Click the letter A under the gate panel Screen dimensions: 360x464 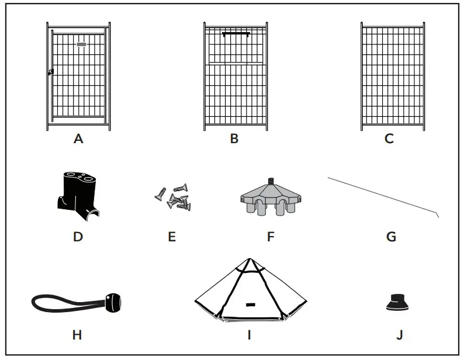(78, 139)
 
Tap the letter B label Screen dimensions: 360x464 (234, 139)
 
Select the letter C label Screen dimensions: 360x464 (389, 139)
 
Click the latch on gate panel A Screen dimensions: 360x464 (51, 72)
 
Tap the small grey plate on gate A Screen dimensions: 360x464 (81, 44)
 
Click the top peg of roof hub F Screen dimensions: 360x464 (271, 182)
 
